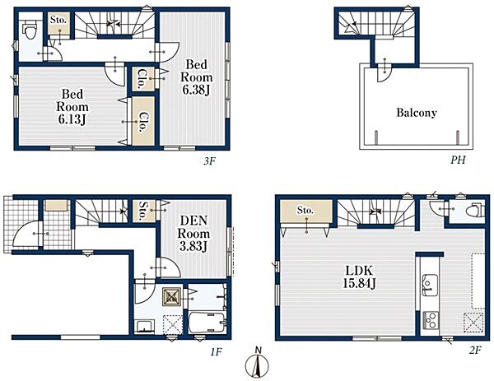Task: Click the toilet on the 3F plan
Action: click(x=30, y=30)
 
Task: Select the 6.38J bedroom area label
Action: click(x=196, y=91)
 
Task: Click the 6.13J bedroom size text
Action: click(x=72, y=119)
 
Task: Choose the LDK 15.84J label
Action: click(x=359, y=277)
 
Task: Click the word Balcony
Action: click(x=417, y=113)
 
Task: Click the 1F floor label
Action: click(x=216, y=351)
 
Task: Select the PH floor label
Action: click(x=458, y=160)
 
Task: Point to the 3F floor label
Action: click(x=209, y=161)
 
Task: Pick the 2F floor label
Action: click(x=475, y=351)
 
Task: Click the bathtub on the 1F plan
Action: click(x=207, y=322)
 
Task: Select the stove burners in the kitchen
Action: click(x=430, y=320)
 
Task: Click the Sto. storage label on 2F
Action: click(x=305, y=210)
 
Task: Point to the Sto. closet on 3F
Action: click(x=58, y=23)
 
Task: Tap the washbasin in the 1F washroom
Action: click(x=144, y=326)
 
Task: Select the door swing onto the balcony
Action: click(x=384, y=72)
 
